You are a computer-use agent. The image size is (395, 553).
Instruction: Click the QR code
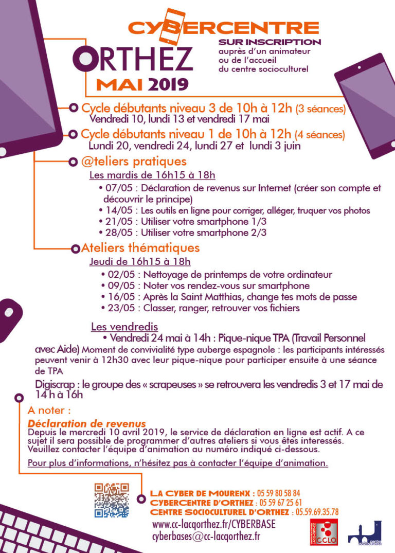pyautogui.click(x=111, y=500)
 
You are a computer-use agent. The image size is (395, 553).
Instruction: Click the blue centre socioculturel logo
pyautogui.click(x=365, y=533)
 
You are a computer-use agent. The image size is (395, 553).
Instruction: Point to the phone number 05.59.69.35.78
pyautogui.click(x=316, y=512)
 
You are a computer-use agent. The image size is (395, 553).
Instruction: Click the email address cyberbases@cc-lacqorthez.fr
pyautogui.click(x=206, y=537)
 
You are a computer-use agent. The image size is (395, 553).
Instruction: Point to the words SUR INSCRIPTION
pyautogui.click(x=270, y=42)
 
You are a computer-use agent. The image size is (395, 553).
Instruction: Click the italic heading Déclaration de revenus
pyautogui.click(x=87, y=424)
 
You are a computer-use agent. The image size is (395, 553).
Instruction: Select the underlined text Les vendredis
pyautogui.click(x=124, y=327)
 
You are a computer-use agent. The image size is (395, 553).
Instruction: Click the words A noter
pyautogui.click(x=49, y=411)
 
